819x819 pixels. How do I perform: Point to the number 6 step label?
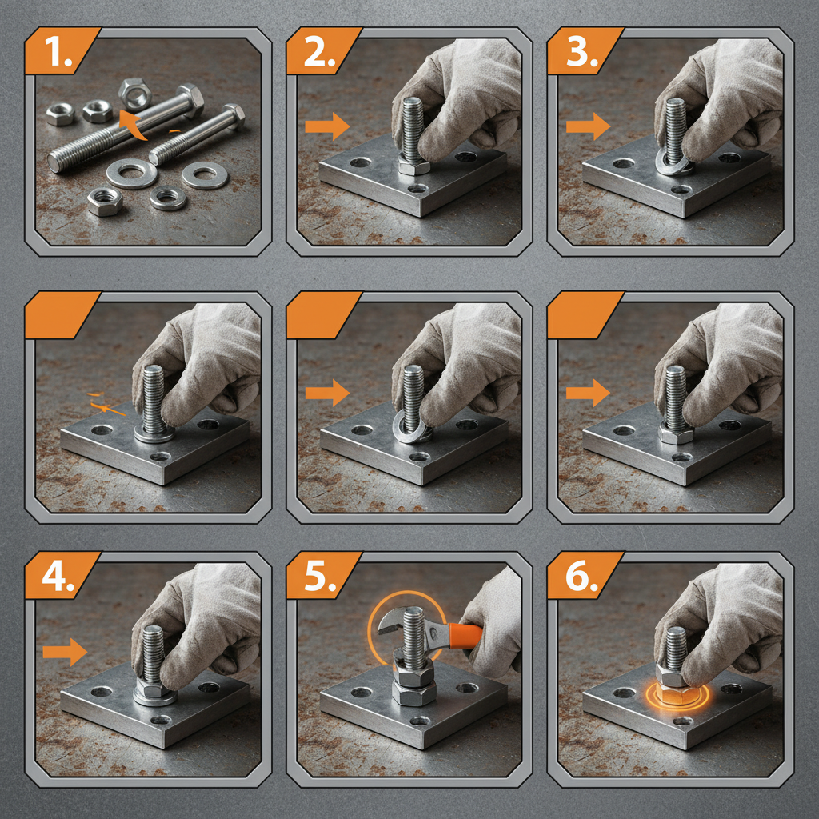(579, 578)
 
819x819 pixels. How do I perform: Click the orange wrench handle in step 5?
(465, 635)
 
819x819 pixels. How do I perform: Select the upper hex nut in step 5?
(414, 668)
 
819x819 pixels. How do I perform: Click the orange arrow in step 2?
(327, 126)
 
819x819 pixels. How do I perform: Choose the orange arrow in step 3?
(588, 126)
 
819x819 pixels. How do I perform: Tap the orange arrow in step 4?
(64, 651)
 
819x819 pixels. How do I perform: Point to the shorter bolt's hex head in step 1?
(233, 117)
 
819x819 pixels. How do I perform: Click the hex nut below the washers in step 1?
(105, 202)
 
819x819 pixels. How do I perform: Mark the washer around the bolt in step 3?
(673, 163)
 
